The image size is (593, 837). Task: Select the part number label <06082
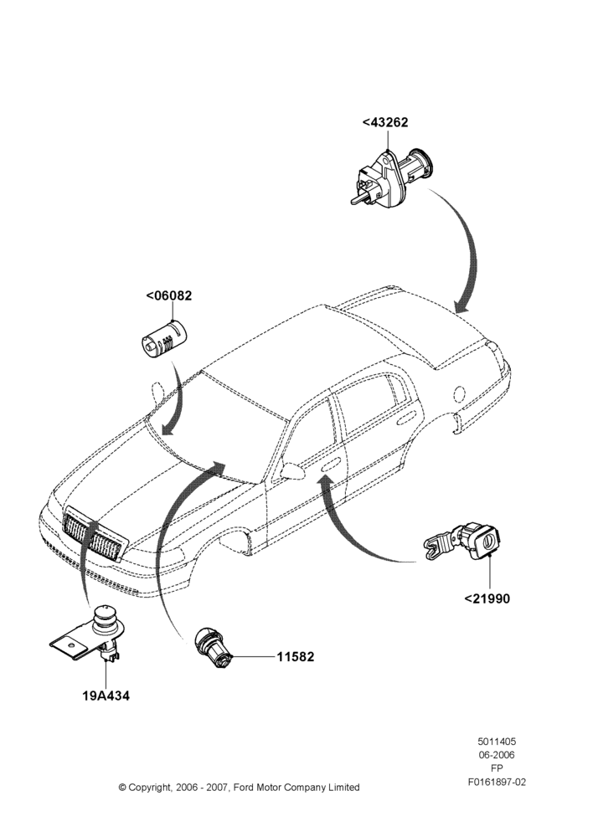click(169, 295)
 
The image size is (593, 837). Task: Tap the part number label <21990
click(487, 598)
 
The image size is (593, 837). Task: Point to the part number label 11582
click(296, 656)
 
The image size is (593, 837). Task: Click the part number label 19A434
click(106, 696)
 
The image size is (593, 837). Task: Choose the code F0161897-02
click(497, 782)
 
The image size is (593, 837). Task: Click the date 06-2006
click(497, 755)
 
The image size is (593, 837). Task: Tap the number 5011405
click(497, 742)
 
